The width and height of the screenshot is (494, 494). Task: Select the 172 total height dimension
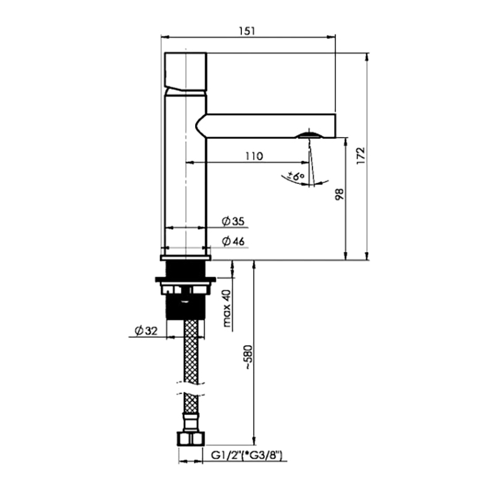tap(361, 155)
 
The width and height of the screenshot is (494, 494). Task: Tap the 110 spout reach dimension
tap(254, 156)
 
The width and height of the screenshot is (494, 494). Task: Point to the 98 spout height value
tap(340, 195)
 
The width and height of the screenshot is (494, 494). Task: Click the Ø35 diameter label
tap(233, 221)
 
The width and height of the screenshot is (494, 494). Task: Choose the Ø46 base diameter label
tap(233, 241)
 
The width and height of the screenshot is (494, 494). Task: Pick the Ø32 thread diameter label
tap(146, 331)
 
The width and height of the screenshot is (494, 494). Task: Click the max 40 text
tap(227, 308)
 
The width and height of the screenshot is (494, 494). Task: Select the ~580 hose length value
tap(248, 358)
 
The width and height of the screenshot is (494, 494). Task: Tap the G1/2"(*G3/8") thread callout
tap(246, 455)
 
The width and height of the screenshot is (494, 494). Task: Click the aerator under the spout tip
tap(310, 135)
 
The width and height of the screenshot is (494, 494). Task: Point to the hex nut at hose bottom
tap(191, 439)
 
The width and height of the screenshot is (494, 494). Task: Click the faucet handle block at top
tap(186, 72)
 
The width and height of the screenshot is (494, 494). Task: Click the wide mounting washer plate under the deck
tap(186, 279)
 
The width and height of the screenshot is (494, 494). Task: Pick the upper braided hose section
tap(191, 351)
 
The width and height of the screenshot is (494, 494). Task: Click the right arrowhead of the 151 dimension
tap(332, 37)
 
